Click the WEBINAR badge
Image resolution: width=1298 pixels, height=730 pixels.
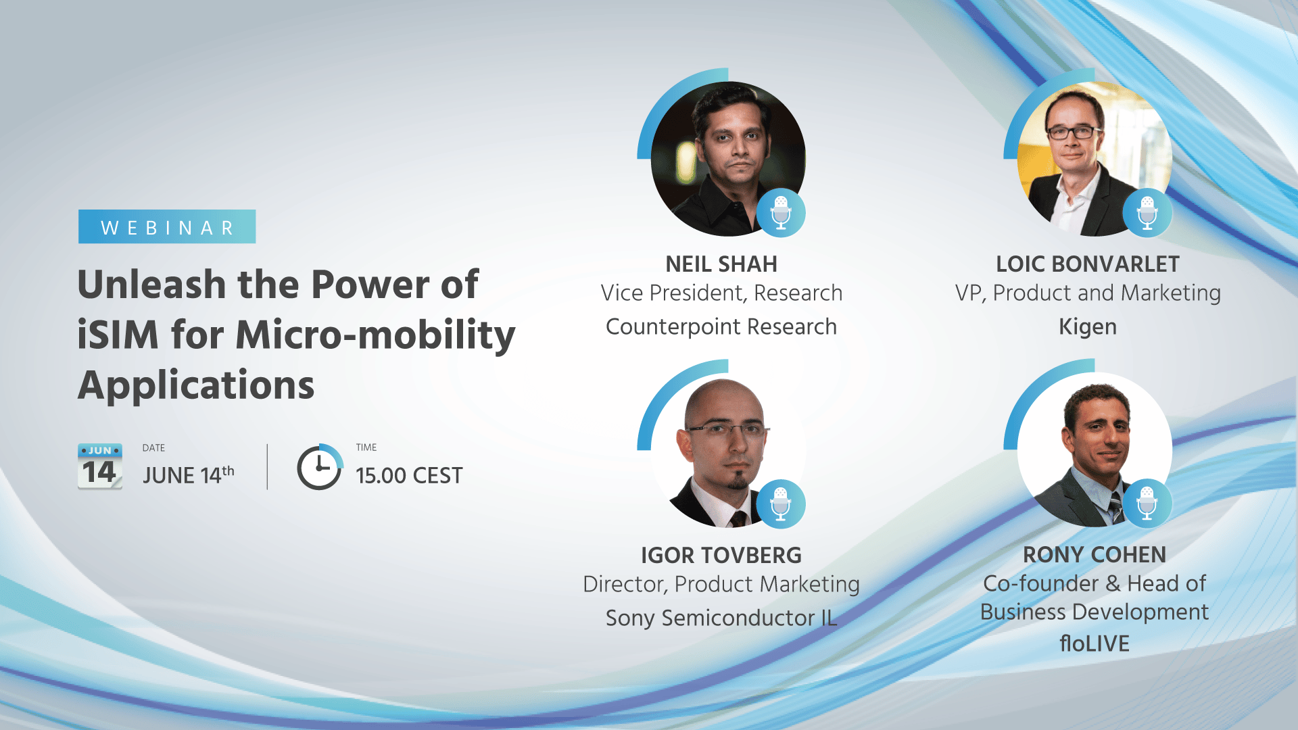tap(167, 226)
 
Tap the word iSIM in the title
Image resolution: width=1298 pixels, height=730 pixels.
tap(118, 335)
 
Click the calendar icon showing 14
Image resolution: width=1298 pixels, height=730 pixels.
tap(100, 466)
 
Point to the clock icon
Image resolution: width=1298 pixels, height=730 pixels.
tap(320, 467)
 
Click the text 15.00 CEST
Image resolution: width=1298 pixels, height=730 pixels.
tap(409, 476)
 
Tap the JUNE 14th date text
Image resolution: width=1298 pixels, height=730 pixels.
tap(189, 475)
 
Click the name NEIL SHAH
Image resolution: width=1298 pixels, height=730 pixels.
tap(721, 264)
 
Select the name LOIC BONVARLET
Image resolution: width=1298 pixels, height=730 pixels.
tap(1088, 264)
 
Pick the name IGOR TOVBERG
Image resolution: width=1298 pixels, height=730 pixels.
tap(721, 556)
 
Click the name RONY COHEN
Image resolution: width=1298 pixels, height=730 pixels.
tap(1095, 555)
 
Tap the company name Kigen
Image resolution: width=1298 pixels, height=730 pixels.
tap(1088, 327)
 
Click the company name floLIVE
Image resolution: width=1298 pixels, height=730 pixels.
tap(1095, 643)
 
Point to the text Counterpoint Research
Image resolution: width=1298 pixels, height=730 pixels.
tap(721, 327)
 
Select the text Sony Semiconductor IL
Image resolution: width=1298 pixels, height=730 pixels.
tap(721, 618)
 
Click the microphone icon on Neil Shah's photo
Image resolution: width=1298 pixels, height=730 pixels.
tap(781, 212)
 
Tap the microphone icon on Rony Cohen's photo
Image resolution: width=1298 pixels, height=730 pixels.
tap(1147, 504)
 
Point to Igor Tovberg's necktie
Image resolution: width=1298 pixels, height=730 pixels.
tap(738, 519)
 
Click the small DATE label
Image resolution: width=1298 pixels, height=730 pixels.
tap(153, 448)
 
